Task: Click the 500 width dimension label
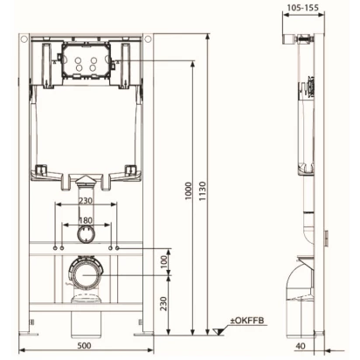pos(84,345)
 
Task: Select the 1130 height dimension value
pos(203,191)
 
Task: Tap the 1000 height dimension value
pos(189,191)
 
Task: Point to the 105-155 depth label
pos(303,7)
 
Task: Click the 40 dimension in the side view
pos(301,346)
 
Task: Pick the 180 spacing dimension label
pos(86,220)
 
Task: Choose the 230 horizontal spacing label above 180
pos(86,200)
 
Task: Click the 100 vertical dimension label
pos(164,261)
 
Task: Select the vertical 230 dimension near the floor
pos(164,304)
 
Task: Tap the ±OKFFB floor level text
pos(247,321)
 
